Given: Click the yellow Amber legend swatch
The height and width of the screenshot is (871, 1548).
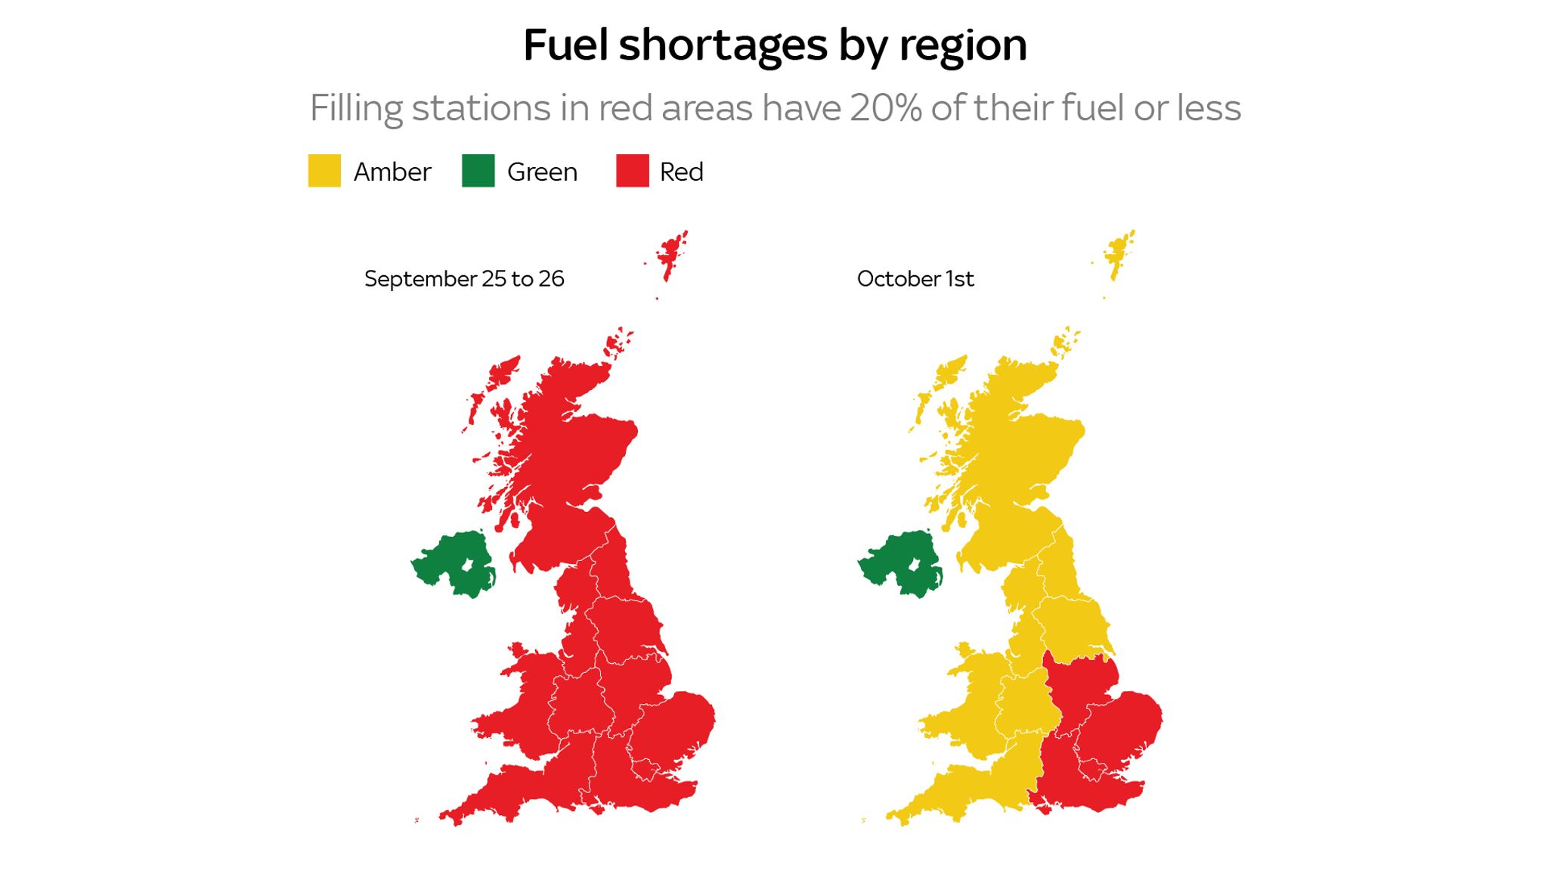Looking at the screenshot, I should [x=324, y=171].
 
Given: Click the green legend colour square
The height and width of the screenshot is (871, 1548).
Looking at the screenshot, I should [x=478, y=171].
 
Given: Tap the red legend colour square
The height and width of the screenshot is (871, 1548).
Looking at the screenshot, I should [x=632, y=171].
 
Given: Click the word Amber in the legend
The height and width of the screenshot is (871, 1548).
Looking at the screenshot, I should [x=392, y=172].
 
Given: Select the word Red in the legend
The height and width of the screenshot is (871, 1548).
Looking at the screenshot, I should [x=681, y=172].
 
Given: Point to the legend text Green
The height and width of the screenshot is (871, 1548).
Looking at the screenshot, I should [x=542, y=172].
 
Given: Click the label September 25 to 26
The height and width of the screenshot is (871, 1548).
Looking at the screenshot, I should [x=464, y=279].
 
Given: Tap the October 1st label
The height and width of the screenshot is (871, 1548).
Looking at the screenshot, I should [x=915, y=279].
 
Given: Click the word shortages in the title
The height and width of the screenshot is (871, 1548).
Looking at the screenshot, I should [x=723, y=45].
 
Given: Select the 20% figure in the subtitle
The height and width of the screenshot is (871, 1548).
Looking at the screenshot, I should [x=886, y=108].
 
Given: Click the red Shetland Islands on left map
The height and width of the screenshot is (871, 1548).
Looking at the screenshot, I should [x=669, y=253].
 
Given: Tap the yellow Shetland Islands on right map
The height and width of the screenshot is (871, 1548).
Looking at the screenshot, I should [x=1116, y=253].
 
